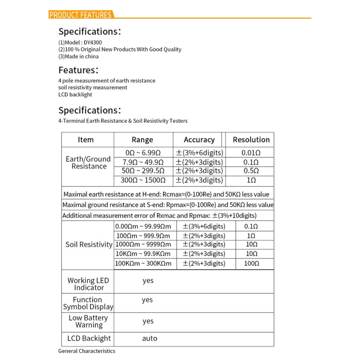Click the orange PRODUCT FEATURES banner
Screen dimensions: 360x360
[x=81, y=15]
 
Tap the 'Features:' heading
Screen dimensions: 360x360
[x=79, y=70]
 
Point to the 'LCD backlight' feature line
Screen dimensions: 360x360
[x=75, y=95]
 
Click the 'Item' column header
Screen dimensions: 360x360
[x=85, y=140]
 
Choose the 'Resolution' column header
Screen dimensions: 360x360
[x=251, y=140]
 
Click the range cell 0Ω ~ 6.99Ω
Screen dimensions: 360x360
[x=142, y=153]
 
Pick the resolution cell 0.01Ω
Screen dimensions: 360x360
[x=251, y=153]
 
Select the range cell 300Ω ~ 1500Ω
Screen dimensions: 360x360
[x=143, y=180]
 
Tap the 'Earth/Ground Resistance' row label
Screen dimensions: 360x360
[x=88, y=163]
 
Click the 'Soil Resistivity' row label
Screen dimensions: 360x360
[x=89, y=244]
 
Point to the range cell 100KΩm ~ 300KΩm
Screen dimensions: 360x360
[x=143, y=263]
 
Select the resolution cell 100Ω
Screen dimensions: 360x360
[x=252, y=263]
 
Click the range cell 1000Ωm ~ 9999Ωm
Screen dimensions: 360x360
[x=143, y=244]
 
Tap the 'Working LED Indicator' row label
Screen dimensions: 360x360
[x=88, y=284]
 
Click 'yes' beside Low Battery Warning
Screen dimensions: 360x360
[x=148, y=321]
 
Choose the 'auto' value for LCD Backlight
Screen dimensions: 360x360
[x=149, y=338]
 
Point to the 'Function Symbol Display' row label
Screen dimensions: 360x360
[x=88, y=303]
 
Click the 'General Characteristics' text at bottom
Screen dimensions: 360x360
[x=87, y=351]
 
